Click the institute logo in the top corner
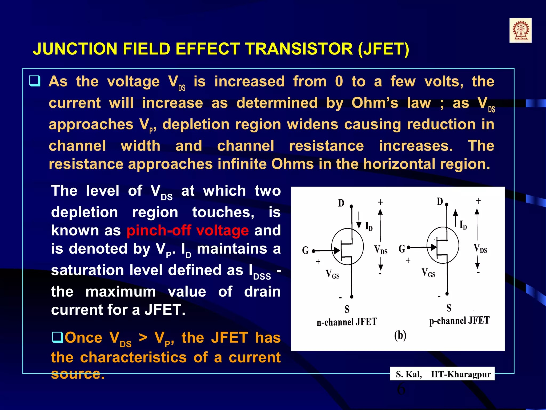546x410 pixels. pos(520,30)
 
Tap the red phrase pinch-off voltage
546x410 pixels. pos(188,230)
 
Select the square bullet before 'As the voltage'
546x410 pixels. pos(35,81)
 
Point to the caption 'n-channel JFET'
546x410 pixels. pos(347,322)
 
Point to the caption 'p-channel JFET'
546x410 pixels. pos(459,321)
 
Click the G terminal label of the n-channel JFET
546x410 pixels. pos(305,250)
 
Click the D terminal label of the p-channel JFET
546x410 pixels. pos(440,202)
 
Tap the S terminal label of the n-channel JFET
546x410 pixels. pos(347,309)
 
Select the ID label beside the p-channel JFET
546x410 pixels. pos(463,225)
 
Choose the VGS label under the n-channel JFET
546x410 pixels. pos(332,274)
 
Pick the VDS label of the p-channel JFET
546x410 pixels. pos(480,249)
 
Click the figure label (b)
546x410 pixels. pos(400,335)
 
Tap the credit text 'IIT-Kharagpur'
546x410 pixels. pos(461,374)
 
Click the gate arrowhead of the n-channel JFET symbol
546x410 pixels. pos(337,250)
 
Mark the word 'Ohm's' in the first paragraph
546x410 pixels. pos(375,103)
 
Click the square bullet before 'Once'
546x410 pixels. pos(57,337)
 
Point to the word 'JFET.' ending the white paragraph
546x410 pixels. pos(165,310)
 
